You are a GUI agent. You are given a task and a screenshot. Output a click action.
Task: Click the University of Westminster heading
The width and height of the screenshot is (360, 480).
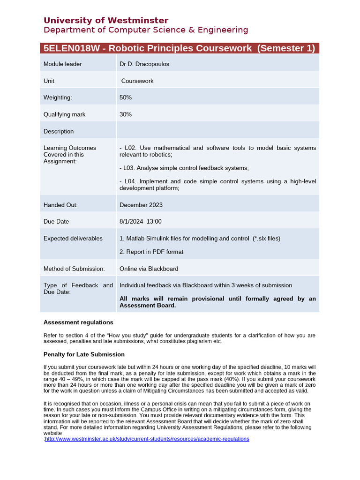(x=105, y=20)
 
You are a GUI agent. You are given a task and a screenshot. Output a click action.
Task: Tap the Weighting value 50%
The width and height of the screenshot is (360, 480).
(x=126, y=97)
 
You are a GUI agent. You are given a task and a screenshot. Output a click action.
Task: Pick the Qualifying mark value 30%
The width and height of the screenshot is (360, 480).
(x=126, y=114)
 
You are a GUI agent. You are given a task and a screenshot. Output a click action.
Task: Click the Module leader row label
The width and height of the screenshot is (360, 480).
(x=62, y=64)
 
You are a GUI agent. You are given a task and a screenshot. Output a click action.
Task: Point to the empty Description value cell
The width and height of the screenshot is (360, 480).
(x=217, y=131)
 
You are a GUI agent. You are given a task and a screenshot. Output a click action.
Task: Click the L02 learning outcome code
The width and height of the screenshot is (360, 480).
(x=130, y=148)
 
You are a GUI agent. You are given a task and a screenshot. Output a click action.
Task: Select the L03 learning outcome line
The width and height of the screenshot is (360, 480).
(x=184, y=168)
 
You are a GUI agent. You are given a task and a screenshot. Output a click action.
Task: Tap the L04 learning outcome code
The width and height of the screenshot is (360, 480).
(x=130, y=181)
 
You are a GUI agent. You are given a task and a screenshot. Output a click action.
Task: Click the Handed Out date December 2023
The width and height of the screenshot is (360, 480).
(x=141, y=205)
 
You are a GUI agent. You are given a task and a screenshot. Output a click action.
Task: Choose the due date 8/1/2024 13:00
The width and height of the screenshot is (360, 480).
(x=141, y=221)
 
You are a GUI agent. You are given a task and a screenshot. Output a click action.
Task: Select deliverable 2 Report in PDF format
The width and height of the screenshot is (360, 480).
(x=151, y=252)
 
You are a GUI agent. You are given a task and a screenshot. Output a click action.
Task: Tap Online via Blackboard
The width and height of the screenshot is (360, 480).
(x=149, y=269)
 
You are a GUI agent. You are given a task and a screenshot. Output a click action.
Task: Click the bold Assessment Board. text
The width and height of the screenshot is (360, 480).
(x=148, y=305)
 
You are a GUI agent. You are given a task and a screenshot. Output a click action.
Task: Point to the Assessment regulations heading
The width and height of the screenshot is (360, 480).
(x=78, y=322)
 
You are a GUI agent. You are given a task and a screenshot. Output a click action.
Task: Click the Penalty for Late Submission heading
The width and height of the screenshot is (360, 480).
(x=84, y=354)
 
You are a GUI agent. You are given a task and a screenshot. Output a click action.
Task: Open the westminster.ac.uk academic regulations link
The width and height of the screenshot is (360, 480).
(x=147, y=439)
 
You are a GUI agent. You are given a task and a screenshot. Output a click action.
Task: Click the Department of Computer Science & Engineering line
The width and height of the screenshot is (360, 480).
(x=146, y=30)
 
